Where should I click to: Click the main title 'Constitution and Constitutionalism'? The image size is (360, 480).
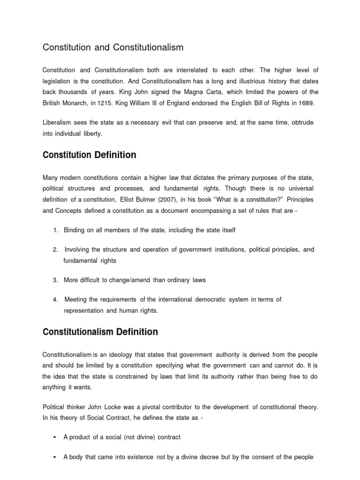tap(113, 47)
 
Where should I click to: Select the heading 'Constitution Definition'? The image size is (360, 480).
tap(90, 154)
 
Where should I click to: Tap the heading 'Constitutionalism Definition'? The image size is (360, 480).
tap(100, 332)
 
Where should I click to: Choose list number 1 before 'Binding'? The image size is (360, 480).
tap(55, 230)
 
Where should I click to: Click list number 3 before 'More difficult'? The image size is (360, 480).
tap(55, 280)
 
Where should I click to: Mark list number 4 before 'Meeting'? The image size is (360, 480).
tap(55, 299)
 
